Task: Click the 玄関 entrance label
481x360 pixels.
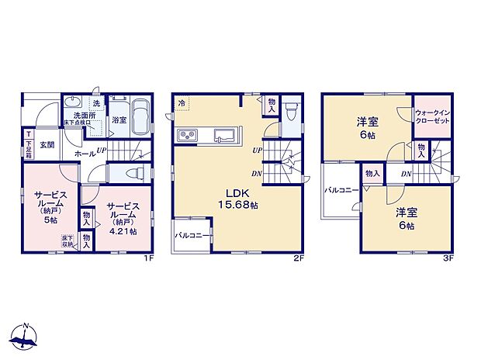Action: coord(47,145)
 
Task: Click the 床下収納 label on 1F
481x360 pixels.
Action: coord(67,241)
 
